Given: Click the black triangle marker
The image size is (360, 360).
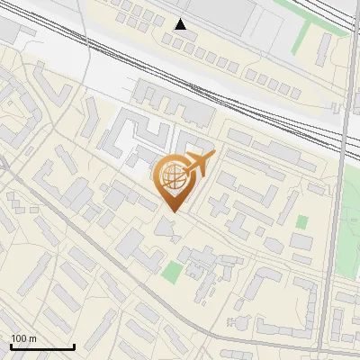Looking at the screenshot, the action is (181, 24).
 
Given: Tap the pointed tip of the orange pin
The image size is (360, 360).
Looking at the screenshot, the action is (174, 211).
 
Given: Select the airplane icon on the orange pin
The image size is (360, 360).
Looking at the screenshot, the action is (198, 165).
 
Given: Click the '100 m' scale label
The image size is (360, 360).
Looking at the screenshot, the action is (23, 337).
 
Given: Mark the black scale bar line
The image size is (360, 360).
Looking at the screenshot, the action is (42, 346).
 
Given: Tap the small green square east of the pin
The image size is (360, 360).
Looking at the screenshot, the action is (301, 221).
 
